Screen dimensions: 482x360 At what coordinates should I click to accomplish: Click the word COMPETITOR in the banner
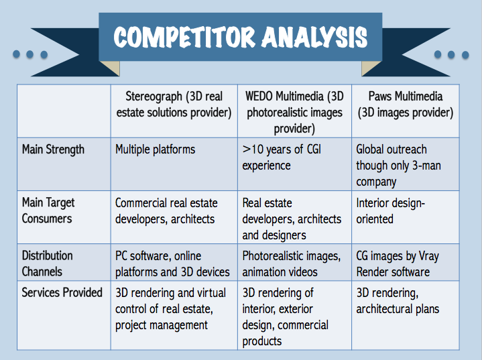point(184,37)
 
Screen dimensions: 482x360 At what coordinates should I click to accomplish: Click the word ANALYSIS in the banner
point(315,37)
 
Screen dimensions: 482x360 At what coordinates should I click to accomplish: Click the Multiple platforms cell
point(174,164)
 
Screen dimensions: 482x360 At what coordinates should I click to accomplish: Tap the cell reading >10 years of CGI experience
point(294,164)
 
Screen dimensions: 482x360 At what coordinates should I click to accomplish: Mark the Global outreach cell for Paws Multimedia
point(406,164)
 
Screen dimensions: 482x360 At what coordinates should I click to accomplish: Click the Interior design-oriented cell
point(406,217)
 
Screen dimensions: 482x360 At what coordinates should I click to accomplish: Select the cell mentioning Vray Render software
point(406,262)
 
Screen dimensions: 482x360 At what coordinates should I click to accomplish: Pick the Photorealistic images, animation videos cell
point(294,262)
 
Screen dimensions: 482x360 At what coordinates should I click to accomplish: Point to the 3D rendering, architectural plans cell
point(406,315)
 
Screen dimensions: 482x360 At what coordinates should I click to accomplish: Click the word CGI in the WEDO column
point(314,149)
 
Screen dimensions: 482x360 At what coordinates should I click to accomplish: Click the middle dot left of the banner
point(29,54)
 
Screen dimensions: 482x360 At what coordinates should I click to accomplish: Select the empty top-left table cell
point(64,111)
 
